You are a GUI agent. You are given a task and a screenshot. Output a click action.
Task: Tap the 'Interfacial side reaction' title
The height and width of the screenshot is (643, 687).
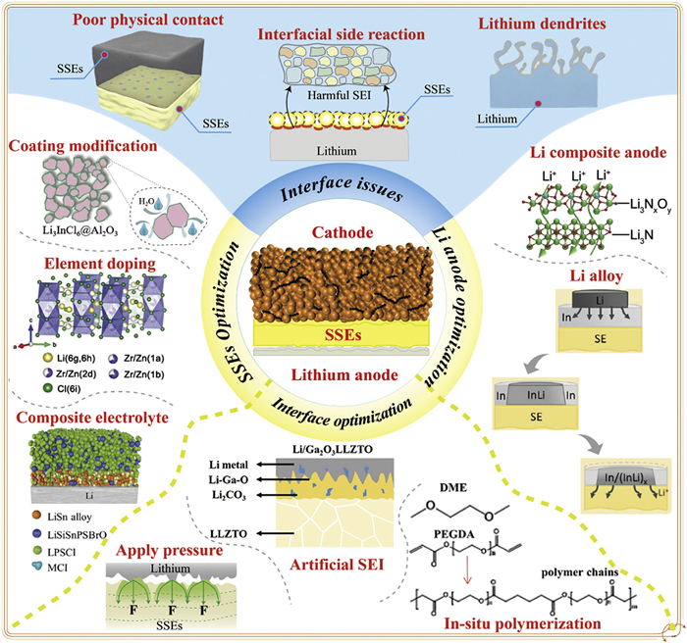tap(340, 35)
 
